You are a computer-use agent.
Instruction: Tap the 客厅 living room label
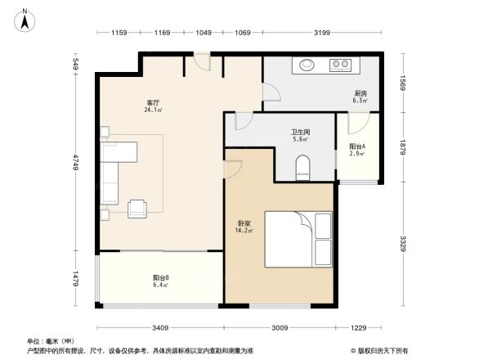(x=152, y=105)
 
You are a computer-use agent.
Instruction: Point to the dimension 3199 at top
(x=321, y=33)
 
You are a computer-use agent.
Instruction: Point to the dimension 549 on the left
(x=74, y=63)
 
